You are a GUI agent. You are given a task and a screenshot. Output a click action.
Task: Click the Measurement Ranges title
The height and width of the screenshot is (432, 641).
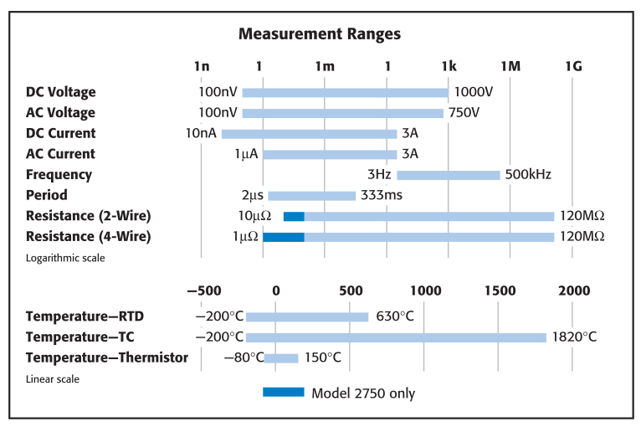(320, 34)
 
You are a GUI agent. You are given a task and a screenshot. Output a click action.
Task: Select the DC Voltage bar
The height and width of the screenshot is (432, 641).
(345, 92)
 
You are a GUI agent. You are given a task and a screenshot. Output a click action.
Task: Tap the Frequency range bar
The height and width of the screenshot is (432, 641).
(448, 175)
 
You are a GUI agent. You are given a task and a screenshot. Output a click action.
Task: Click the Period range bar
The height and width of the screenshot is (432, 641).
(311, 196)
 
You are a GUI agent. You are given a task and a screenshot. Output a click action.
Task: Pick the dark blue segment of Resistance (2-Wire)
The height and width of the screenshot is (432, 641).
(294, 216)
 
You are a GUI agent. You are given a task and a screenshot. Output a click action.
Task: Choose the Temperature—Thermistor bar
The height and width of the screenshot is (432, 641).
(280, 358)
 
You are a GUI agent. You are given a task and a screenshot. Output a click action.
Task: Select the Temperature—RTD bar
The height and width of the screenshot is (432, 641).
(307, 316)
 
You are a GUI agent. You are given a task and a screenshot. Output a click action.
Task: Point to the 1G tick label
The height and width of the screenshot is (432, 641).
(573, 66)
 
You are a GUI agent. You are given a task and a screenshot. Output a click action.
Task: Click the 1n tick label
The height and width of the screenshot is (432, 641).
(201, 66)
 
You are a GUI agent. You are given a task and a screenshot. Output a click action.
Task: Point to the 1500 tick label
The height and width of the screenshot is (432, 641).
(500, 291)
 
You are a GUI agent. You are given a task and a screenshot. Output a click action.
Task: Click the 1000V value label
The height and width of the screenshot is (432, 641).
(474, 92)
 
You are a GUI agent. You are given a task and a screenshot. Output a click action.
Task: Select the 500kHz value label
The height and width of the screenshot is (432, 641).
(528, 175)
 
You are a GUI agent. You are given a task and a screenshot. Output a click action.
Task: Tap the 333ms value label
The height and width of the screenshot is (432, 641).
(381, 196)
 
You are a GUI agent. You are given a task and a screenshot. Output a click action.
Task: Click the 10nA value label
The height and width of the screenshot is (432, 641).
(202, 134)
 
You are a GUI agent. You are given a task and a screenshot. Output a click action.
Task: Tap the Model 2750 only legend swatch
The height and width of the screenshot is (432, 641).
(283, 392)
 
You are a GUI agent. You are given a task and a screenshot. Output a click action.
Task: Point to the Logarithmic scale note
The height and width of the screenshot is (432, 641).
(66, 258)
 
